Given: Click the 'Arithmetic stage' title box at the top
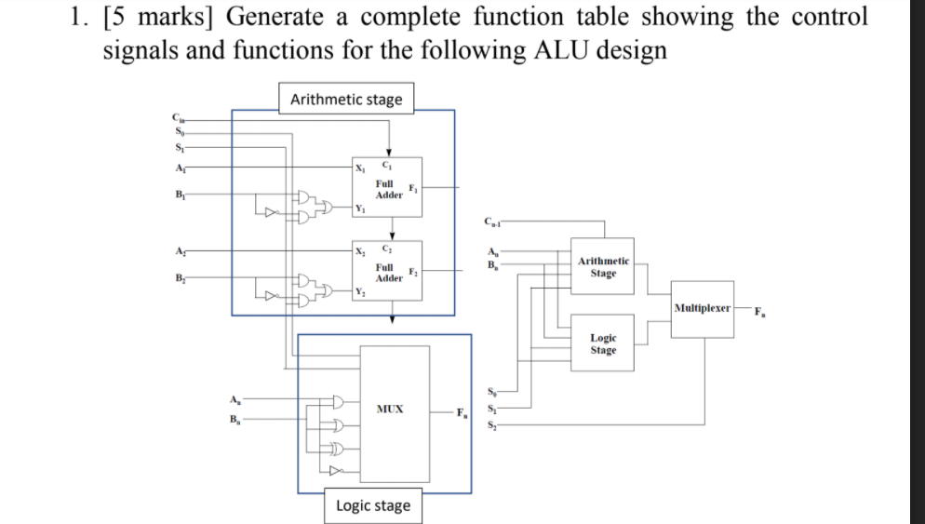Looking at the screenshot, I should (346, 99).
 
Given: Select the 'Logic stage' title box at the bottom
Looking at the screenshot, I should (372, 505).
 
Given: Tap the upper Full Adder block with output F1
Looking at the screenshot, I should (389, 190).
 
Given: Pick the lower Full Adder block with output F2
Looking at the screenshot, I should (389, 272).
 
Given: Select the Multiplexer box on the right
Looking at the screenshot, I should (703, 307).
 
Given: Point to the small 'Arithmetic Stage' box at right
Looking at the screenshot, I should (603, 268).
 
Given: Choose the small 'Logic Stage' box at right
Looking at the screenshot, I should (603, 344).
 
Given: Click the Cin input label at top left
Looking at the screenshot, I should (177, 117).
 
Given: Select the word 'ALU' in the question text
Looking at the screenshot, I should (571, 49).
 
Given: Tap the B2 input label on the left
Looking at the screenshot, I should (177, 277).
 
